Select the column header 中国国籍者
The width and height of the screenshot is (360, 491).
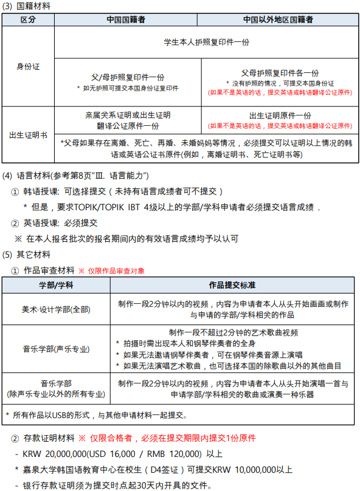click(126, 20)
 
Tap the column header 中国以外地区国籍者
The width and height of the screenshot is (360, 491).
click(278, 20)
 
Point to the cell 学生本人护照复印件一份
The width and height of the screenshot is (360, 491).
click(206, 43)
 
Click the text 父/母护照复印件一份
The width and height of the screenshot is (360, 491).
click(128, 78)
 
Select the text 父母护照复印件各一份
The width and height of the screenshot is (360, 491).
click(280, 73)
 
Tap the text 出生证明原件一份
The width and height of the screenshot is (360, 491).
click(280, 115)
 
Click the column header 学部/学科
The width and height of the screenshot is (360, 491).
click(56, 284)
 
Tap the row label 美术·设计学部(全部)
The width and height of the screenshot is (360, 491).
click(56, 309)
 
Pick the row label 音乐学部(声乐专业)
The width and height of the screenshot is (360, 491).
click(56, 349)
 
